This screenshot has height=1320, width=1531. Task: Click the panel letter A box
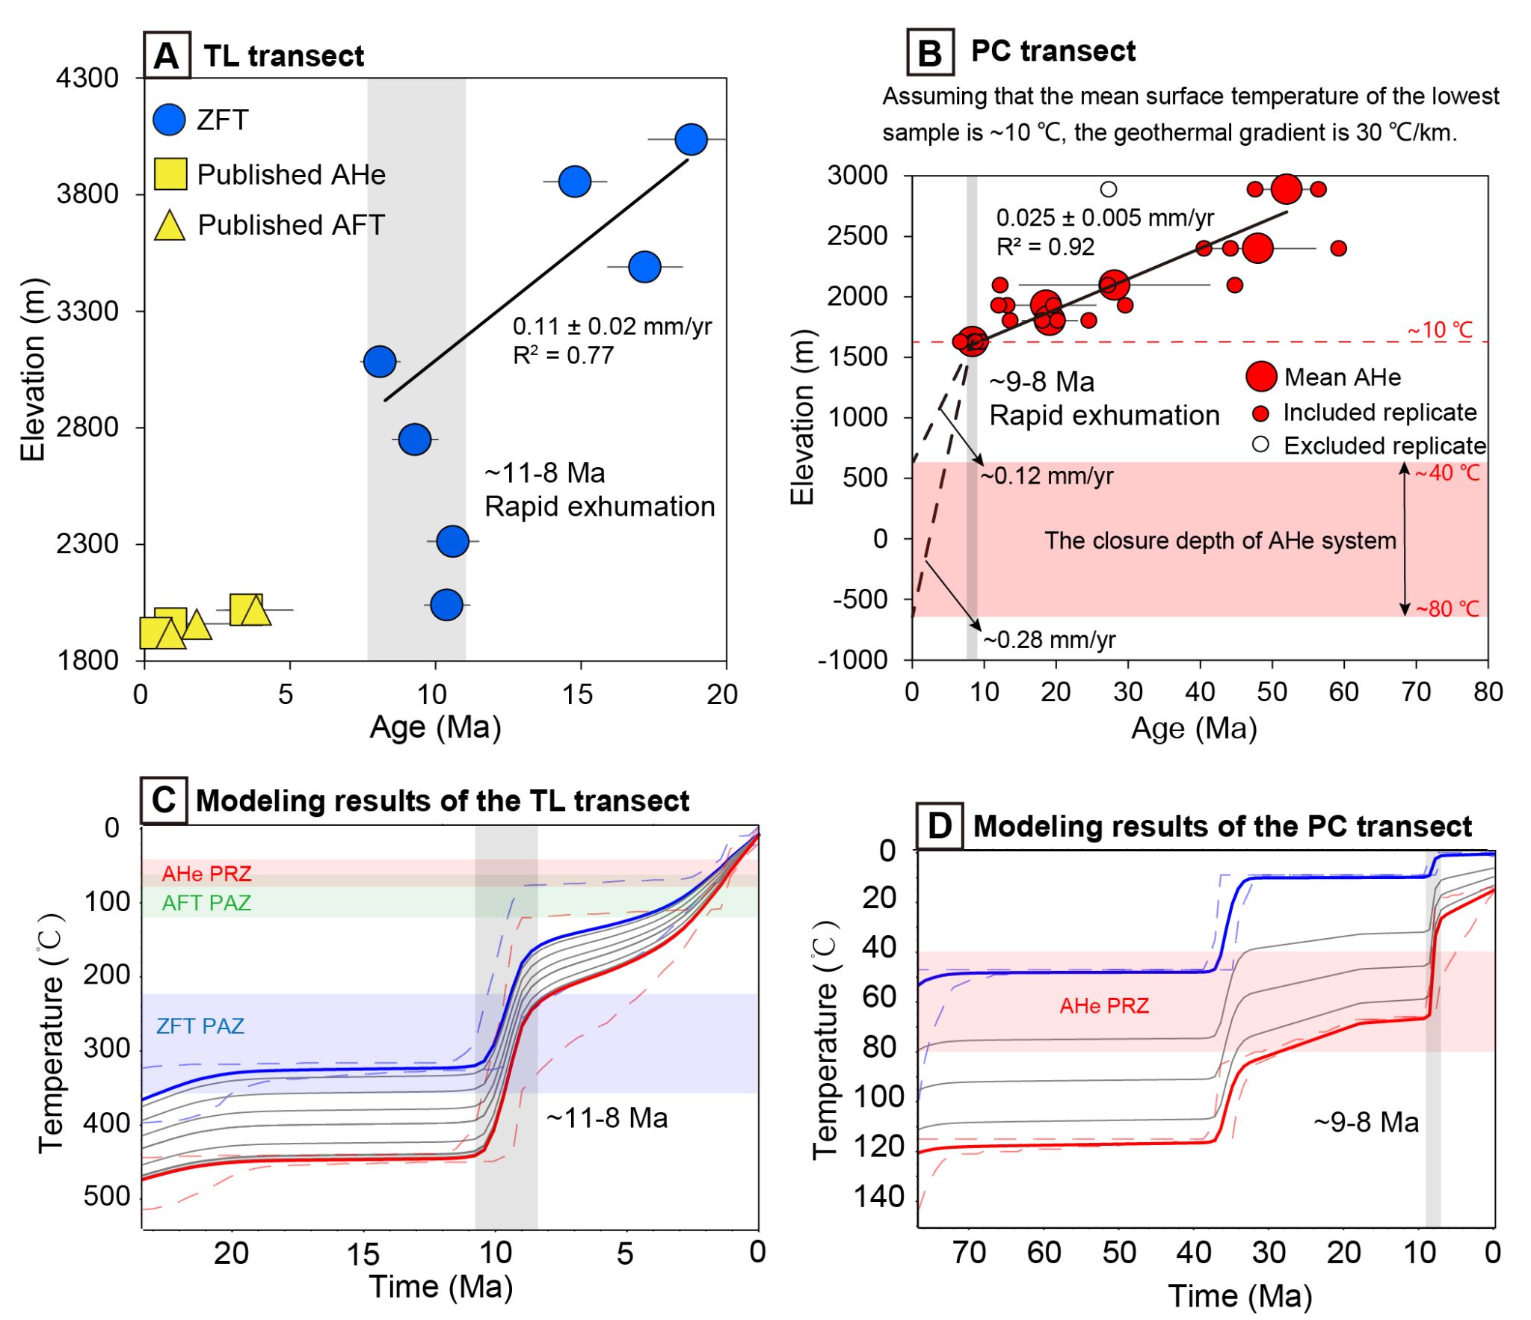click(167, 55)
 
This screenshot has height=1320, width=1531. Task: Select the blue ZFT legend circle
click(169, 120)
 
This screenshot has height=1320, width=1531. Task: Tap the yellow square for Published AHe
click(170, 174)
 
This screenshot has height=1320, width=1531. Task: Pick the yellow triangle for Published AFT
click(170, 226)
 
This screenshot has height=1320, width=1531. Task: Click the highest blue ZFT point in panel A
click(690, 139)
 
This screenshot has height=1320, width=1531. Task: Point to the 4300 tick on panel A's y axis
click(87, 78)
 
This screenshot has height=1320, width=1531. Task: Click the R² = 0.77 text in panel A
click(563, 355)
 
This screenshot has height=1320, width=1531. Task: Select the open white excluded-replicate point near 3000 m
click(1108, 189)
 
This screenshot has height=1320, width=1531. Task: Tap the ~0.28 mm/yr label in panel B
click(1049, 640)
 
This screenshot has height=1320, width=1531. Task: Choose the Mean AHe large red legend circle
click(1260, 377)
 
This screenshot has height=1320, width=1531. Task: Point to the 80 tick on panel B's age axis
click(1488, 692)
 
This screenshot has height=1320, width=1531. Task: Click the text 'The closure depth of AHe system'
click(1219, 540)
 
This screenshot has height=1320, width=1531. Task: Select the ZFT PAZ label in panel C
click(200, 1026)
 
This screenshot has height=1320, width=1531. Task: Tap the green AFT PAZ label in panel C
click(206, 903)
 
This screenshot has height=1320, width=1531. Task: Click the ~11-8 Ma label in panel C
click(606, 1118)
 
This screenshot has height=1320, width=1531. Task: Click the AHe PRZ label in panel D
click(1103, 1006)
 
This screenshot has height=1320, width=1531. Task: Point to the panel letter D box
click(939, 826)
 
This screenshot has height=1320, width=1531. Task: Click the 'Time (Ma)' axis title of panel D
click(1239, 1296)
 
